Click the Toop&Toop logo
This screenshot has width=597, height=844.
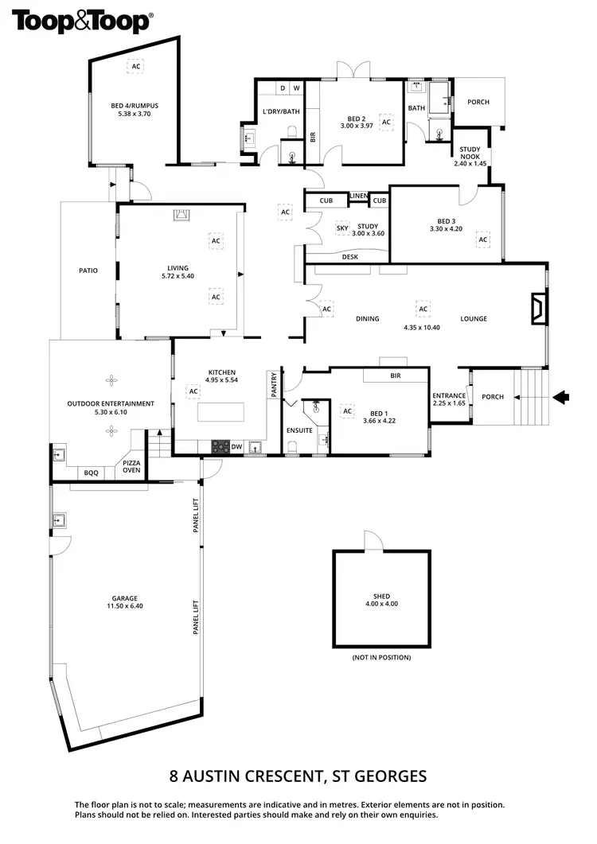(81, 21)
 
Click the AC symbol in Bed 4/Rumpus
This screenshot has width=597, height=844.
(135, 67)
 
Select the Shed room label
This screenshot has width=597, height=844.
(381, 597)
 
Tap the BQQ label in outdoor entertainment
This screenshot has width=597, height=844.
(92, 473)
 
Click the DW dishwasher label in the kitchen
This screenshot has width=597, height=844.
(236, 447)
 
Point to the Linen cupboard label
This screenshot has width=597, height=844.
(358, 195)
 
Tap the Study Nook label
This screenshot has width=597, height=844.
(470, 159)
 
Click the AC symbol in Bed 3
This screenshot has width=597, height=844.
(482, 239)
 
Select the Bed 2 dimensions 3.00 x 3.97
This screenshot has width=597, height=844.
(357, 126)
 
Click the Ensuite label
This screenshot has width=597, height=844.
(299, 430)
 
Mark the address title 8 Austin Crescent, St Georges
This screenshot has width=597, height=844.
(298, 776)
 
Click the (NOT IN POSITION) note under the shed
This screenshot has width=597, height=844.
(381, 658)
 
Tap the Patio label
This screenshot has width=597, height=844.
(88, 271)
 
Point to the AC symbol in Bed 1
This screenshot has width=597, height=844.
(346, 410)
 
